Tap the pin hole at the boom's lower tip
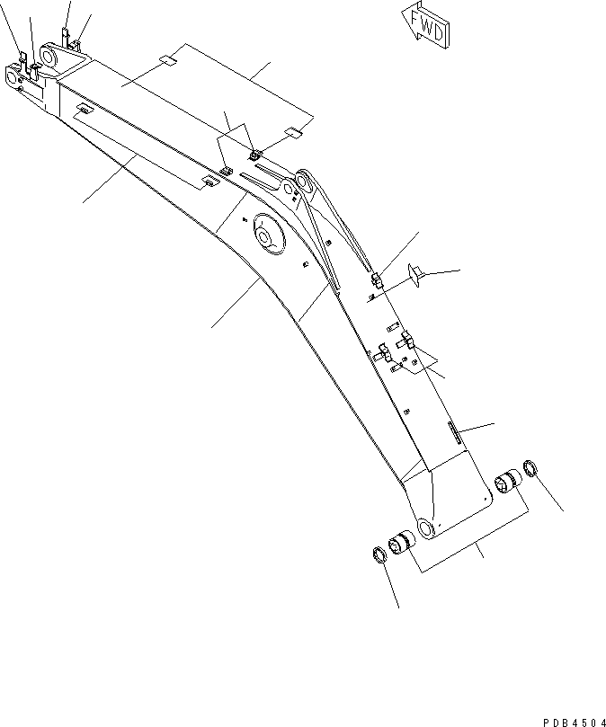click(424, 528)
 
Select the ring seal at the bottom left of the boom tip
click(379, 554)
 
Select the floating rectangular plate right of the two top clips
click(293, 133)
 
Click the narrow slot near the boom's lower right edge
click(454, 431)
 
